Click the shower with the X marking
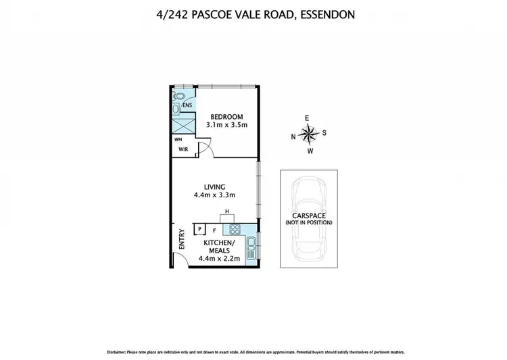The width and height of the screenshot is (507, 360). tap(182, 124)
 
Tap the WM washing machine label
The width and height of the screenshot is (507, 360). tap(176, 140)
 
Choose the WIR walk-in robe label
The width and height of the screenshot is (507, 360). tap(183, 149)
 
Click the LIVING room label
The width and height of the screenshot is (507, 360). tap(216, 187)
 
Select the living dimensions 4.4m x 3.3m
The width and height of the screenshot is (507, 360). tap(215, 197)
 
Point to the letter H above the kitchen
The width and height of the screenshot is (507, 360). tap(227, 212)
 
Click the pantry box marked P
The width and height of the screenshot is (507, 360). tap(200, 230)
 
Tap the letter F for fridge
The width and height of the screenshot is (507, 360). tap(215, 230)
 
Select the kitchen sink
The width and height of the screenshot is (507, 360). tap(251, 249)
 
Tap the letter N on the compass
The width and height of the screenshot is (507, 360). tap(293, 136)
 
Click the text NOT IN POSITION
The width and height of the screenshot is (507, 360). tap(308, 223)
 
